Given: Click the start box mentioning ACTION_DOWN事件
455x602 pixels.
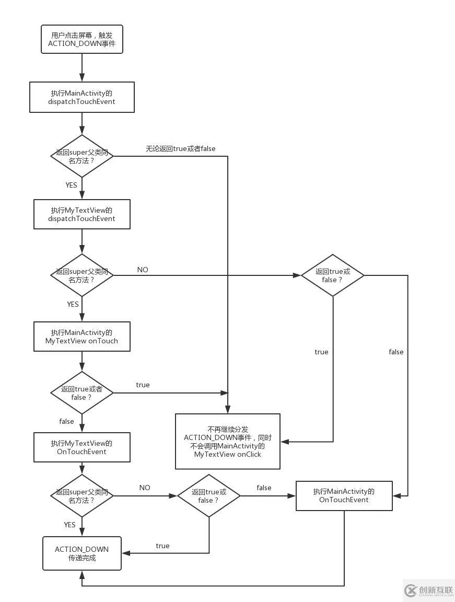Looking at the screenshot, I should [82, 39].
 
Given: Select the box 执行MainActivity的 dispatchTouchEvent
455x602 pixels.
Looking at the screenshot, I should [82, 97].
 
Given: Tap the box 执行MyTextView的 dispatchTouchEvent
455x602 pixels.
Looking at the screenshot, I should [82, 214].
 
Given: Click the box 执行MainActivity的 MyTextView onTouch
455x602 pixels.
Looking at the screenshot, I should [82, 337].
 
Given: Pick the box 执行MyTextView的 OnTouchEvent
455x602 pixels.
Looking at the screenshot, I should [82, 447].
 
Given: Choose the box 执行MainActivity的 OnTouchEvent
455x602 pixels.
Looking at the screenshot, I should [344, 495].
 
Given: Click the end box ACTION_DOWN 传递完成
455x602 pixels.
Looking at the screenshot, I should [82, 553].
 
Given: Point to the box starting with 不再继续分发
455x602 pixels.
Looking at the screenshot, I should [228, 442].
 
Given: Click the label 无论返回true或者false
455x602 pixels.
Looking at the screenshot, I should [180, 148].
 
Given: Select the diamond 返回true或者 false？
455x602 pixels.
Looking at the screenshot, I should [82, 393].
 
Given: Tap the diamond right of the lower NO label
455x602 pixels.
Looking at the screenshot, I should [209, 496].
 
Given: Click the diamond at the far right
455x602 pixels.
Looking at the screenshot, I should [333, 275].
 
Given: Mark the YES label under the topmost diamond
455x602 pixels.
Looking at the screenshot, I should [71, 185].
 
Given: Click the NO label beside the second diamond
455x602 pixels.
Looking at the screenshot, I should [143, 270].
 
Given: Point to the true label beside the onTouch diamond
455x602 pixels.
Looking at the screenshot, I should [143, 385].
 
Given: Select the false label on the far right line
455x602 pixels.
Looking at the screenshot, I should [396, 352].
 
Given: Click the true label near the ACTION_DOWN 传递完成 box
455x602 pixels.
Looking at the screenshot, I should [162, 546].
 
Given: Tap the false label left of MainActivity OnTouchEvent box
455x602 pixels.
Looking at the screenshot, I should [264, 488].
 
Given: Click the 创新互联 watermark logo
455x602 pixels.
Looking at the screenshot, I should [429, 591].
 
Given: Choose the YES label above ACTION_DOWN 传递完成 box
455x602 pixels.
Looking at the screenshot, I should [69, 525].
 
